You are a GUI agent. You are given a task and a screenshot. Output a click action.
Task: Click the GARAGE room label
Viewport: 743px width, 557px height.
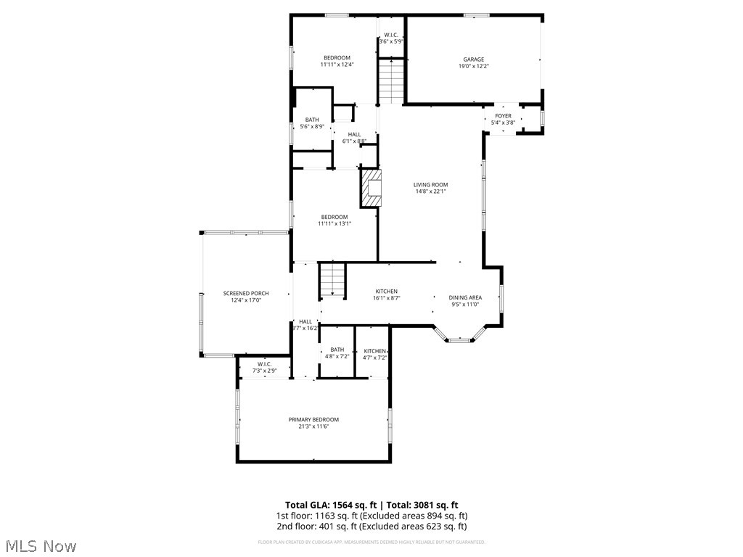point(474,59)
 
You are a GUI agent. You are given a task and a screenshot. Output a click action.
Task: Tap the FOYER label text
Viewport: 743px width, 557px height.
point(503,116)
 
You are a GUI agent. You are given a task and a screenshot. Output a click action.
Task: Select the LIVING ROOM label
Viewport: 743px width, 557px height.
point(430,185)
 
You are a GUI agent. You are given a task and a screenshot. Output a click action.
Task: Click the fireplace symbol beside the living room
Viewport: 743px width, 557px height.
point(371,188)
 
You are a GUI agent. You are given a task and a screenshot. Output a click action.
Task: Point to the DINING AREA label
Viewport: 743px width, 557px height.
point(464,297)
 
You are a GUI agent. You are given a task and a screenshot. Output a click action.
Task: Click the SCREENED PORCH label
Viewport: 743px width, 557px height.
point(246,293)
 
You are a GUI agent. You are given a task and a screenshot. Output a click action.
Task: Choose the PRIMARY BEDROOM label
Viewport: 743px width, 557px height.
point(313,419)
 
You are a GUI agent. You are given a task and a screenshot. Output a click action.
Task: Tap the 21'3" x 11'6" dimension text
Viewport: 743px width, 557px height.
point(313,426)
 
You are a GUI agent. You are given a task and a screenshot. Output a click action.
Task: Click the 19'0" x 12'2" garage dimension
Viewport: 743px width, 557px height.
point(474,67)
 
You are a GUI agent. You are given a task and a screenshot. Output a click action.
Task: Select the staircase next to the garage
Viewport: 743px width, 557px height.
point(390,81)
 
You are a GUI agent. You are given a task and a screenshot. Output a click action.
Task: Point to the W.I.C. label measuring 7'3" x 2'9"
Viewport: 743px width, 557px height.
point(264,364)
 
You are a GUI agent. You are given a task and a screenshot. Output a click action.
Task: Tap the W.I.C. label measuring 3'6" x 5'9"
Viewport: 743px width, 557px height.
point(390,35)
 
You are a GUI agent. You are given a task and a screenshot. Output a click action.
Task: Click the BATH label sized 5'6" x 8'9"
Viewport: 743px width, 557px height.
point(312,120)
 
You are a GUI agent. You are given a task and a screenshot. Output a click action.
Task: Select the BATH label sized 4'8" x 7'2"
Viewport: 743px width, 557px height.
point(337,350)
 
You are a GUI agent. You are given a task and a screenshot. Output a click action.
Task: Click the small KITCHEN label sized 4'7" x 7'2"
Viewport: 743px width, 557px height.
point(375,351)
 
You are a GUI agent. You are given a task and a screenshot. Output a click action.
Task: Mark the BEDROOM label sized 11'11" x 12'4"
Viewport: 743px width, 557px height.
point(337,58)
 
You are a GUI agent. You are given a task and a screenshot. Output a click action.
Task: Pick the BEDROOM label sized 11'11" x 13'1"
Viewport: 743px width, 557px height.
point(334,217)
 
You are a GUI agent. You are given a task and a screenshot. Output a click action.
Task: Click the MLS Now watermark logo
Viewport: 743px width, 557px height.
point(40,545)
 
